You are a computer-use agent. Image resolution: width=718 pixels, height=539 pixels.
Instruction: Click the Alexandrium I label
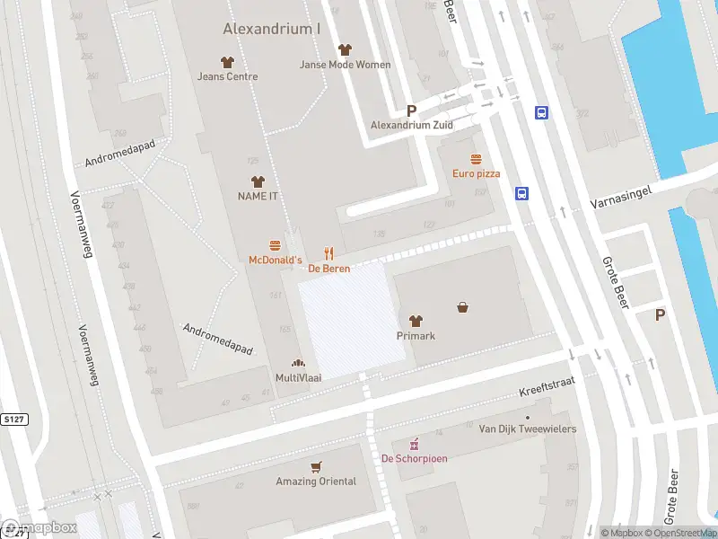tap(271, 29)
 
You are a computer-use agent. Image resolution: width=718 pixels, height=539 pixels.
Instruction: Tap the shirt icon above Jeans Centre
tap(227, 62)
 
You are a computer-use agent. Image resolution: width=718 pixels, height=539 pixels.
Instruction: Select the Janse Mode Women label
tap(345, 65)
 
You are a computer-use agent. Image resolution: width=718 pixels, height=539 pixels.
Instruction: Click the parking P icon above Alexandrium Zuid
tap(412, 110)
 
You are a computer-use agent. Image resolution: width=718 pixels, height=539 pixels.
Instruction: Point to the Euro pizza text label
tap(476, 173)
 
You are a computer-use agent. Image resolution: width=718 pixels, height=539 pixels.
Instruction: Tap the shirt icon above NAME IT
tap(258, 181)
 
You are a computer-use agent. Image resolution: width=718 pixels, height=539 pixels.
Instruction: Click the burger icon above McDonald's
tap(275, 245)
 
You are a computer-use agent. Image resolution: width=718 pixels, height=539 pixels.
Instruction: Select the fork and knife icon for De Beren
tap(329, 254)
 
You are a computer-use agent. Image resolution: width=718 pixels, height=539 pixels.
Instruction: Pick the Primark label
tap(416, 336)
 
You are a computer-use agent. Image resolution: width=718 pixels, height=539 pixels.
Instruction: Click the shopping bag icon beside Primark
tap(462, 307)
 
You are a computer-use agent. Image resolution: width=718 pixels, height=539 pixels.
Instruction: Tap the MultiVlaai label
tap(298, 378)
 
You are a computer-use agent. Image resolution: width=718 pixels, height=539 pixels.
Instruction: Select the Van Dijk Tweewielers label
tap(528, 429)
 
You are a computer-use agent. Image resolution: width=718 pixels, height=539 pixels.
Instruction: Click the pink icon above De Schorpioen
tap(414, 444)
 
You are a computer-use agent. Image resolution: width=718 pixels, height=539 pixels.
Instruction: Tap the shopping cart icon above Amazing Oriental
tap(315, 467)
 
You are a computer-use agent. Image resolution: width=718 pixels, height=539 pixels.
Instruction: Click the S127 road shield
tap(13, 419)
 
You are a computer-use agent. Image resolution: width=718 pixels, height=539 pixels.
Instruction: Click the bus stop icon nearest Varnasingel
tap(521, 193)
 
